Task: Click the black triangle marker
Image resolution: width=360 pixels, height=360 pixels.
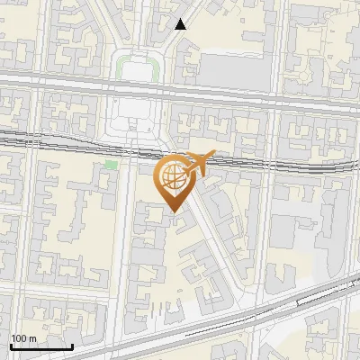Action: (181, 24)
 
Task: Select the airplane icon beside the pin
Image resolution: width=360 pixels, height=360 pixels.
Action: (200, 160)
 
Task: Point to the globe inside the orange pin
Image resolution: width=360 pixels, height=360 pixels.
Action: (171, 175)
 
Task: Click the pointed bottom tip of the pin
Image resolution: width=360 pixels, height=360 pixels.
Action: (171, 211)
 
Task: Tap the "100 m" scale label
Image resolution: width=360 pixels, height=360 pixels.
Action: (23, 338)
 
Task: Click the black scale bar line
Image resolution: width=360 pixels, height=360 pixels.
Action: (41, 346)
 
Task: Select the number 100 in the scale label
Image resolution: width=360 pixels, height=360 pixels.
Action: (19, 338)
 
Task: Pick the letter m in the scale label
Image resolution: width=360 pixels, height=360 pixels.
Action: (32, 338)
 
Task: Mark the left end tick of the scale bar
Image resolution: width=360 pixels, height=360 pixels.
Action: (11, 345)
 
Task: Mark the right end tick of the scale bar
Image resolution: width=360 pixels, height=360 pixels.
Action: (72, 345)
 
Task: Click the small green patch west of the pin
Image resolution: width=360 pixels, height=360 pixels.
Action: (111, 165)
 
